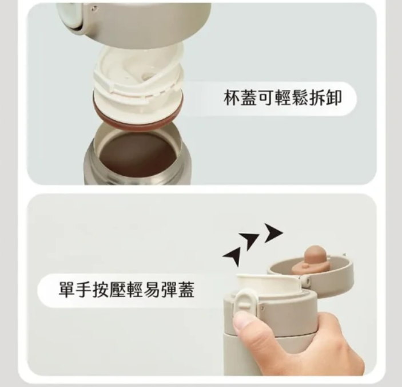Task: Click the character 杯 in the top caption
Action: (x=232, y=98)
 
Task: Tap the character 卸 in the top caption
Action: (x=334, y=98)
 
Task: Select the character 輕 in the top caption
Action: (x=283, y=98)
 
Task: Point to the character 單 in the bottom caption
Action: (x=67, y=290)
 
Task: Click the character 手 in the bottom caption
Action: (x=84, y=290)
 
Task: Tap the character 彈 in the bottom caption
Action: (x=169, y=290)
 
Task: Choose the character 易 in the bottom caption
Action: (x=152, y=290)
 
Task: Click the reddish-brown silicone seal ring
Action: (x=138, y=120)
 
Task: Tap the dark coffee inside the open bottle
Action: (x=138, y=154)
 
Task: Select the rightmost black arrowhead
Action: (x=273, y=232)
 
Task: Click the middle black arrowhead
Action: (x=249, y=240)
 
